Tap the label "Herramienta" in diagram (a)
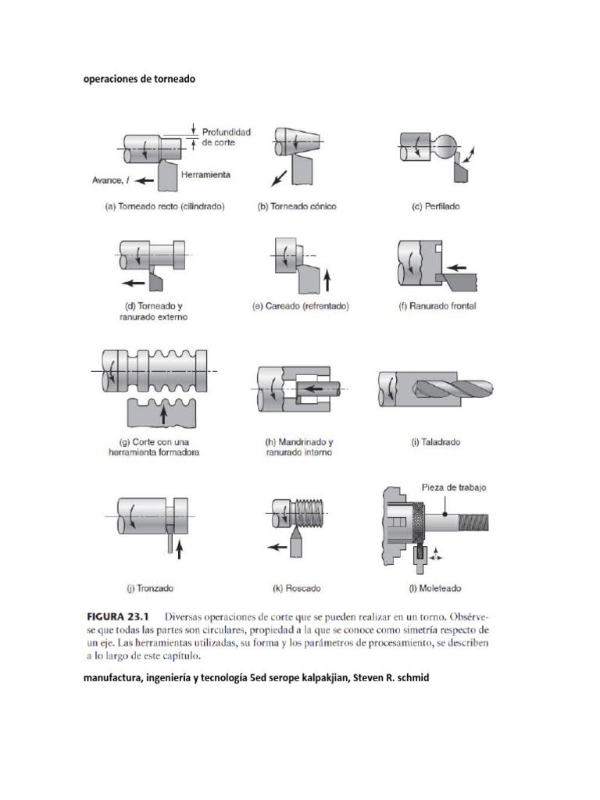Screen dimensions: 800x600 pyautogui.click(x=205, y=175)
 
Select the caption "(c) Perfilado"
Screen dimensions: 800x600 pyautogui.click(x=436, y=207)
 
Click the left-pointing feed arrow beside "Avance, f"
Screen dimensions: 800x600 pyautogui.click(x=144, y=180)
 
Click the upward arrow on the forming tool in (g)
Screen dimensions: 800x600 pyautogui.click(x=163, y=413)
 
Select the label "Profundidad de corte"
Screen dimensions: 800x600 pyautogui.click(x=227, y=137)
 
